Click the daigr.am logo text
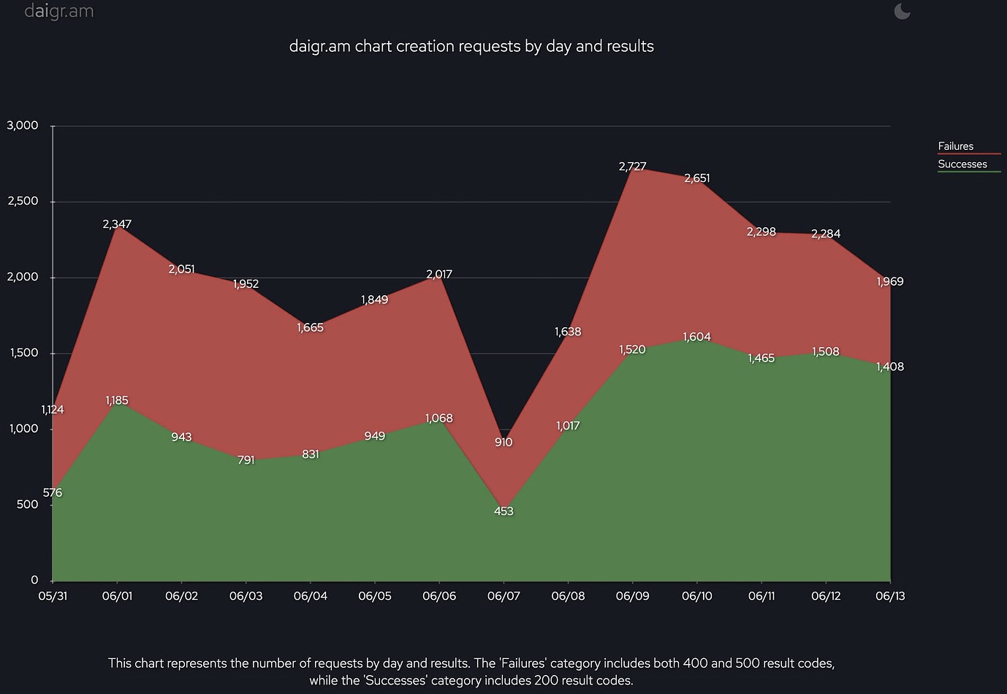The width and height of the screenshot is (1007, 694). click(x=58, y=12)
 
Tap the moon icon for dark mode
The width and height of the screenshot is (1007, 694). click(x=902, y=11)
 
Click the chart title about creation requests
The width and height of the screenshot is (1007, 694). click(x=471, y=46)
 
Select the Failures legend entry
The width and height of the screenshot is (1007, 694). click(x=955, y=146)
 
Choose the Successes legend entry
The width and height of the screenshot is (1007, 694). click(x=962, y=164)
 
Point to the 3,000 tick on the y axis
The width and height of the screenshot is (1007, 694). click(x=23, y=126)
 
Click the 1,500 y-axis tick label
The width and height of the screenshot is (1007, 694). click(x=23, y=353)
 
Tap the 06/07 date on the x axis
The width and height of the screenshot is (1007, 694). click(x=503, y=596)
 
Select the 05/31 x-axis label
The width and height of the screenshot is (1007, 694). click(x=53, y=596)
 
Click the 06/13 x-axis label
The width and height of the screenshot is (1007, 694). click(x=889, y=596)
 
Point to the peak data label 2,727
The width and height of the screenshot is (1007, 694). click(x=632, y=167)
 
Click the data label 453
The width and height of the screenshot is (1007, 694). click(x=503, y=511)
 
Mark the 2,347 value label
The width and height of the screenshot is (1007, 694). click(x=117, y=224)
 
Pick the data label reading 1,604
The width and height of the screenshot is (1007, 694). click(x=696, y=337)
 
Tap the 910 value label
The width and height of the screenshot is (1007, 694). click(x=503, y=442)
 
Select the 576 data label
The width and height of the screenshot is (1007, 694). click(x=53, y=493)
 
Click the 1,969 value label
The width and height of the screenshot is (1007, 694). click(x=889, y=281)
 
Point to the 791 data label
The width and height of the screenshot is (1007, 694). click(x=246, y=460)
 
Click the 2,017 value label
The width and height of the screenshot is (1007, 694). click(x=439, y=275)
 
